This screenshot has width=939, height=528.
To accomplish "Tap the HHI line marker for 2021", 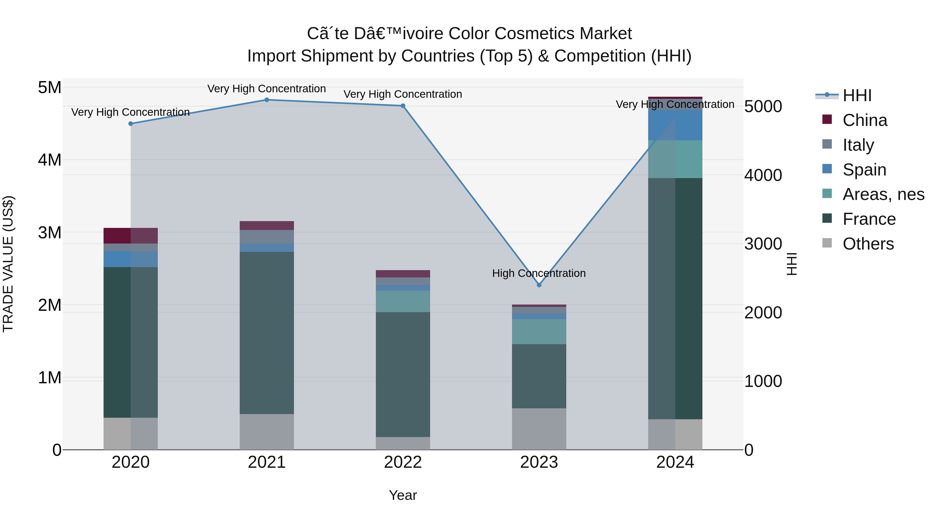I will [267, 100].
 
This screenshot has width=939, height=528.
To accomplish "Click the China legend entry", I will [865, 120].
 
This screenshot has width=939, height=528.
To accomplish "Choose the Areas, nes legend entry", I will [883, 194].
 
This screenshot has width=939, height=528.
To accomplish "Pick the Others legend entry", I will [868, 244].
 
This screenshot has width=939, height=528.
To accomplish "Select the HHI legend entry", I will [857, 95].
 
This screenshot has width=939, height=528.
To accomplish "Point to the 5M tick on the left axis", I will [50, 87].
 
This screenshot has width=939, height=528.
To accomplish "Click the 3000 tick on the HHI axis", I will [763, 244].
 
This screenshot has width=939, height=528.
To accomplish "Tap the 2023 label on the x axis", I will [539, 462].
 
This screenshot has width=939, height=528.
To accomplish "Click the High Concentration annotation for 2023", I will [539, 273].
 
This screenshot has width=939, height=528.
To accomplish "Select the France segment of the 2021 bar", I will [267, 332].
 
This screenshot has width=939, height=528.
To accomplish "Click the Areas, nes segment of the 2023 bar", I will [539, 332].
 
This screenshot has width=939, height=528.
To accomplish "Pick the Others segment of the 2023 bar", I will [539, 429].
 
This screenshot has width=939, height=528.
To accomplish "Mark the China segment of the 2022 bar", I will [403, 274].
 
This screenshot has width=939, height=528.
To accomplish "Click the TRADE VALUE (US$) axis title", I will [8, 264].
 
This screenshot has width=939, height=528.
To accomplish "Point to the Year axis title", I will [403, 495].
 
